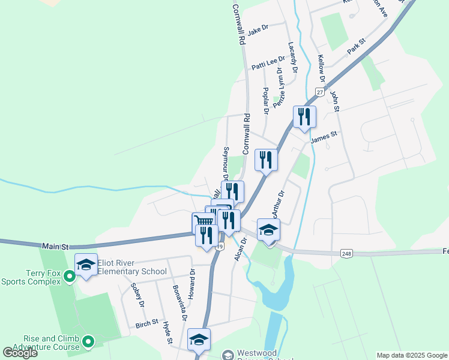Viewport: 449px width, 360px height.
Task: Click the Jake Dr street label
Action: pyautogui.click(x=257, y=28)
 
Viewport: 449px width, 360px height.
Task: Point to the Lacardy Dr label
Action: pyautogui.click(x=292, y=58)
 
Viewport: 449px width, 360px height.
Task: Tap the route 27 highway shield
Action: pyautogui.click(x=320, y=92)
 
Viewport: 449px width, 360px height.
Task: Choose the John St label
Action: pyautogui.click(x=334, y=101)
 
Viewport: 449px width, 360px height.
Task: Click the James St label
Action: pyautogui.click(x=325, y=138)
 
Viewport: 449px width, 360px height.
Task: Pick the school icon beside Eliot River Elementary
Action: pyautogui.click(x=86, y=264)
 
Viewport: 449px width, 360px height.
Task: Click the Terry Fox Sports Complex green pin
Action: pyautogui.click(x=70, y=277)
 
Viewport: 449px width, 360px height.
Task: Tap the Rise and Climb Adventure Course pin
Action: pyautogui.click(x=89, y=342)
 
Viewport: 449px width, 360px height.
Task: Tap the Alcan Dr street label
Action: pyautogui.click(x=243, y=248)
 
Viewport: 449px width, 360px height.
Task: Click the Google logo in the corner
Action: pyautogui.click(x=20, y=353)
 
